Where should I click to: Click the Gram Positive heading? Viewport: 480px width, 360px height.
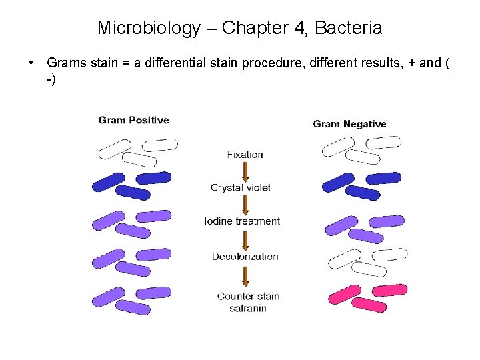(133, 120)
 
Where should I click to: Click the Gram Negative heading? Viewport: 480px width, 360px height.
(349, 124)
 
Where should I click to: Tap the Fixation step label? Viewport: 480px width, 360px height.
(245, 154)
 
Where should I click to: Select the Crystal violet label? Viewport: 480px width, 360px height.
(241, 188)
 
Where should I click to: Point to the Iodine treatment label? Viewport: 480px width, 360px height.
(242, 221)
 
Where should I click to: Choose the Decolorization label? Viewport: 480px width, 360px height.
(245, 257)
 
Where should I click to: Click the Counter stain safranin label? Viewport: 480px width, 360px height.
(248, 302)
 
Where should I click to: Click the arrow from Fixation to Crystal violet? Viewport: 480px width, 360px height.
(245, 171)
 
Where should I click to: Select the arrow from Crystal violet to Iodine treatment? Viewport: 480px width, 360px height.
(245, 205)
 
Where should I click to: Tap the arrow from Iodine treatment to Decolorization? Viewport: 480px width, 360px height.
(245, 239)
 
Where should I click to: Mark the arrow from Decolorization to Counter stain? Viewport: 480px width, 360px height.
(245, 275)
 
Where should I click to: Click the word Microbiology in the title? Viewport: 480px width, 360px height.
(149, 28)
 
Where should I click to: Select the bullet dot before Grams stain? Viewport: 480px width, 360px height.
(32, 63)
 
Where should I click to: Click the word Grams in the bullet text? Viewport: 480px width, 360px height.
(65, 63)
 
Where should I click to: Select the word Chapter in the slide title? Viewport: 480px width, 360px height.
(257, 28)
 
